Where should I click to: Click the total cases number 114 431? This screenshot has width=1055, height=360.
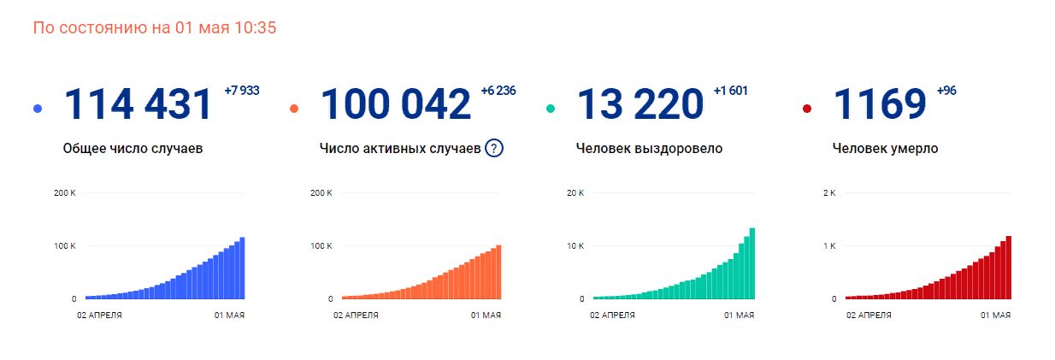pos(139,104)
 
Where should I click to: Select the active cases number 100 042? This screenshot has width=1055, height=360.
pos(396,104)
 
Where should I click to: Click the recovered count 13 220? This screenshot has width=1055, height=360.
pos(640,104)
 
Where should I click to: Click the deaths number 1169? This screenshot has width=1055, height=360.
pos(880,104)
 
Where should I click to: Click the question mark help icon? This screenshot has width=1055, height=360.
pos(494,148)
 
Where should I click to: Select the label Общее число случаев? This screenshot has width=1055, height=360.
pos(133,149)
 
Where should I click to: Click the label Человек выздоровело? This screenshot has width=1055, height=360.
pos(650,149)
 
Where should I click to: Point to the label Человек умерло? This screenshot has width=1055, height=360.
pos(885,149)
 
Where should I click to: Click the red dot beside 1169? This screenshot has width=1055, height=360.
pos(807,109)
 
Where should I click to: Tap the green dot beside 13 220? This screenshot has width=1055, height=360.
pos(551,109)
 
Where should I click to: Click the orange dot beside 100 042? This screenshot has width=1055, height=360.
pos(294,109)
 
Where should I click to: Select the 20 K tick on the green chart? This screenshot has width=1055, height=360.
pos(575,193)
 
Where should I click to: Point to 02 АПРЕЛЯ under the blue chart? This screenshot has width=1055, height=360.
pos(99,316)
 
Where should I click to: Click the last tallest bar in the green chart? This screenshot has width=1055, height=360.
pos(752,263)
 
